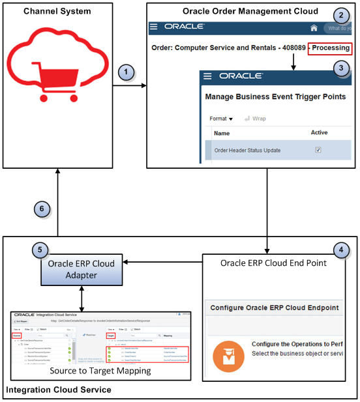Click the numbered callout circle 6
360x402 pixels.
pyautogui.click(x=41, y=208)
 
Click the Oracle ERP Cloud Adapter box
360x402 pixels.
pyautogui.click(x=80, y=269)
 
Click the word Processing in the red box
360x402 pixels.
pyautogui.click(x=331, y=48)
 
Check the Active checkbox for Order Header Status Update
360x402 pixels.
pyautogui.click(x=318, y=150)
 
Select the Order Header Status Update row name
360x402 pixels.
pyautogui.click(x=247, y=151)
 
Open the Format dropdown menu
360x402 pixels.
pyautogui.click(x=221, y=119)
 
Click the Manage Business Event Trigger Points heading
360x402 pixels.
pyautogui.click(x=275, y=97)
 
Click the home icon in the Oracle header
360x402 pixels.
pyautogui.click(x=314, y=28)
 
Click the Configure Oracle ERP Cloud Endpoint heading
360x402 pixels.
pyautogui.click(x=274, y=308)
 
